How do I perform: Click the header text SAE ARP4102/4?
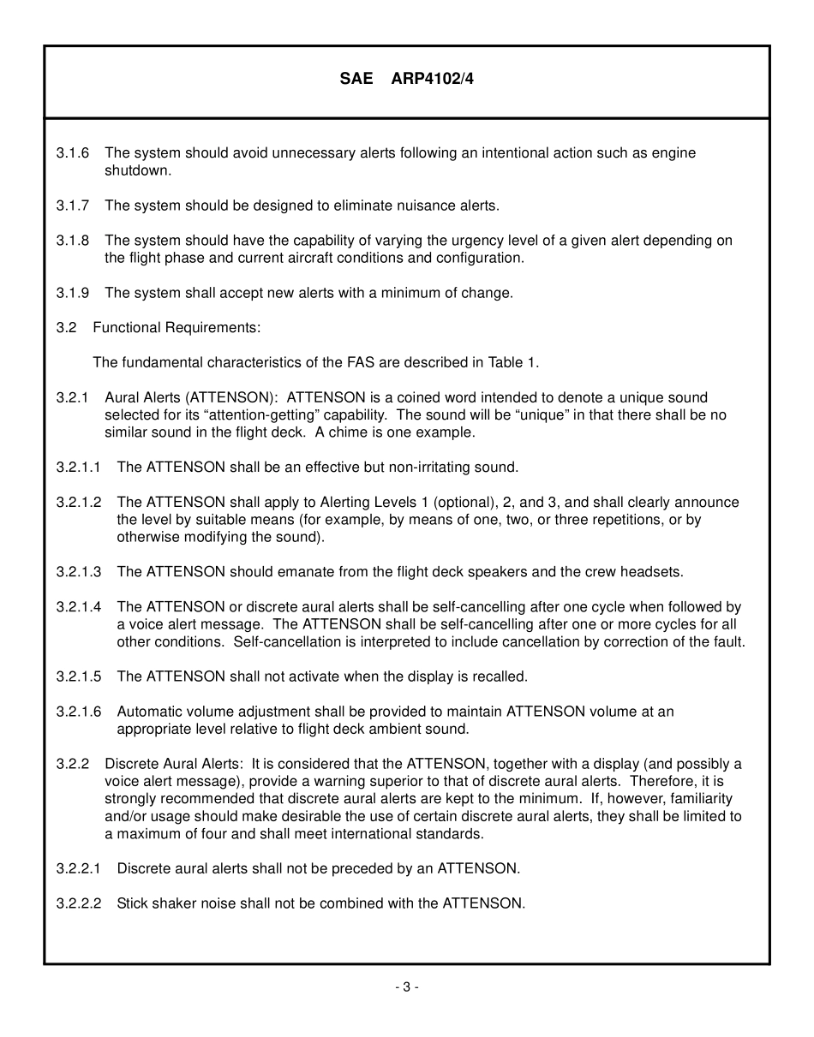tap(406, 79)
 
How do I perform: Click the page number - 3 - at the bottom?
tap(406, 986)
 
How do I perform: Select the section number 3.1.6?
tap(73, 153)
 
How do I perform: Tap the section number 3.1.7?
tap(73, 206)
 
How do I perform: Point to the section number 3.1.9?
tap(73, 293)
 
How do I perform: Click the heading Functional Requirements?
tap(177, 328)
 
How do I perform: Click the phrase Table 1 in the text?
tap(512, 362)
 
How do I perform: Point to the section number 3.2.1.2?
tap(79, 503)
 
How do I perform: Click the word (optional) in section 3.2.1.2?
tap(468, 503)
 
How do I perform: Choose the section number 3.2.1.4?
tap(79, 607)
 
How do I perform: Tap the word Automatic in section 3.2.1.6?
tap(148, 712)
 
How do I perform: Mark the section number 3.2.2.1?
tap(79, 868)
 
